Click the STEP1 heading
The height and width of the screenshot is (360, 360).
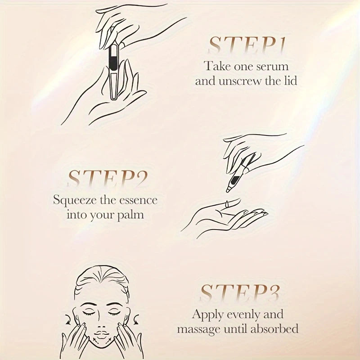coord(247,45)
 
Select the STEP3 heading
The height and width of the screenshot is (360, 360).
coord(240,293)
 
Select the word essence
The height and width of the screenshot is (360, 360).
coord(140,201)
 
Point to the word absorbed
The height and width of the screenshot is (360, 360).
coord(274,329)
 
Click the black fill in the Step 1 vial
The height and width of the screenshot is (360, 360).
coord(113,58)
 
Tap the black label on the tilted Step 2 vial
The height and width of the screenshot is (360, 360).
coord(234,180)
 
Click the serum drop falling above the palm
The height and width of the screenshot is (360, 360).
coord(228,204)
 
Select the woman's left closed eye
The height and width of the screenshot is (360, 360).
coord(115,312)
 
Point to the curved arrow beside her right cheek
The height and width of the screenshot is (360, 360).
coord(68,319)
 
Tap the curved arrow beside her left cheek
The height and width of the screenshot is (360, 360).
coord(136,319)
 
